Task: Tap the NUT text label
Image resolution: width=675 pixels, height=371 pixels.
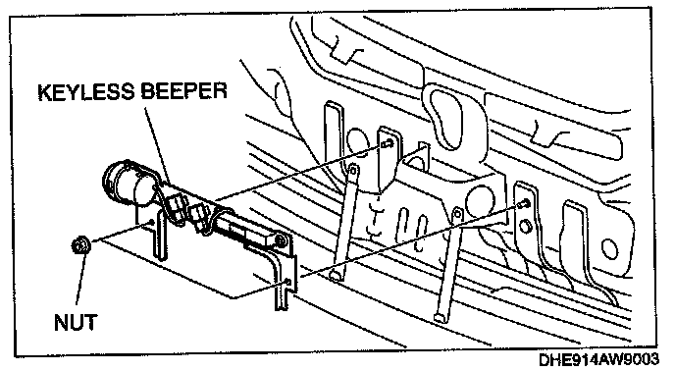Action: click(76, 322)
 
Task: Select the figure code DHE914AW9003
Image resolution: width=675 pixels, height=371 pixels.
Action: click(598, 360)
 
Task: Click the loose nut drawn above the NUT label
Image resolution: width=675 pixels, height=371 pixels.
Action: click(80, 245)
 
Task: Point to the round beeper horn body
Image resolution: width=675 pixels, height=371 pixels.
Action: click(125, 184)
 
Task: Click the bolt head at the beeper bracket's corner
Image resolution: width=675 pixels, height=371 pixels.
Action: click(282, 241)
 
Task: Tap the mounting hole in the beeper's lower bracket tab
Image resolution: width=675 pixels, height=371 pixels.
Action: click(288, 283)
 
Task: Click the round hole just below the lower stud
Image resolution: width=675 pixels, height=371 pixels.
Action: click(525, 226)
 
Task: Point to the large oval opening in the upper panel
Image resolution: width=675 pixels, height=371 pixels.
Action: click(447, 117)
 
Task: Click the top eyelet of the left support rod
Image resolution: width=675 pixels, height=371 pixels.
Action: click(353, 170)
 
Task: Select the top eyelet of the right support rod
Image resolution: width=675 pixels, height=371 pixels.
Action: click(457, 213)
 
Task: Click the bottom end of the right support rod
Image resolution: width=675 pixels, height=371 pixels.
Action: click(440, 318)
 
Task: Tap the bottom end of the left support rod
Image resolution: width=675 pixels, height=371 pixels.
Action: click(336, 276)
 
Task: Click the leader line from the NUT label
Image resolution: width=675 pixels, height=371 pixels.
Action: click(80, 280)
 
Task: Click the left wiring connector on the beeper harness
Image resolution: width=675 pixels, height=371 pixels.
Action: click(175, 205)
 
